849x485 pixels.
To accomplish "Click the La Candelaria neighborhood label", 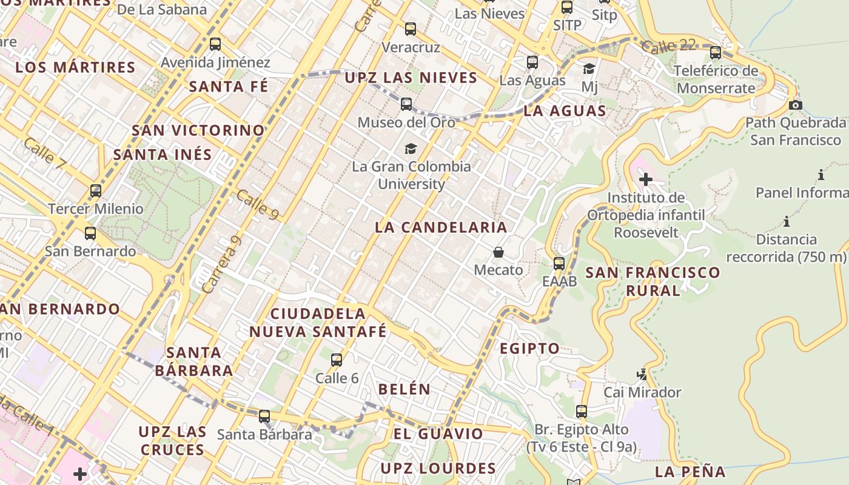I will pyautogui.click(x=440, y=227).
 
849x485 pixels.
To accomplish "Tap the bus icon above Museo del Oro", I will pyautogui.click(x=406, y=104).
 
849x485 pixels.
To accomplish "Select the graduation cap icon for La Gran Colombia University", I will pyautogui.click(x=411, y=149).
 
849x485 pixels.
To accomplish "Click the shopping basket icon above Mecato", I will pyautogui.click(x=498, y=252).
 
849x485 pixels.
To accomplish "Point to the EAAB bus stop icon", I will pyautogui.click(x=559, y=264).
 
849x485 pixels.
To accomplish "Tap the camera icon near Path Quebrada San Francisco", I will pyautogui.click(x=796, y=105).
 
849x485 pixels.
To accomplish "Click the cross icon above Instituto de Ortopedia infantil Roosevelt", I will pyautogui.click(x=645, y=179).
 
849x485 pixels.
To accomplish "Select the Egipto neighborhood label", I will pyautogui.click(x=529, y=349).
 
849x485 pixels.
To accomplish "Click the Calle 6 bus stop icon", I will pyautogui.click(x=337, y=360).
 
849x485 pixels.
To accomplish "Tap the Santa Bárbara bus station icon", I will pyautogui.click(x=264, y=416).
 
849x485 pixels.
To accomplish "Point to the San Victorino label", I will pyautogui.click(x=198, y=130).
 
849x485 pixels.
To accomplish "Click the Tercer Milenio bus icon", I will pyautogui.click(x=96, y=191).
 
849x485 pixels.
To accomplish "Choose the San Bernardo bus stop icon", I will pyautogui.click(x=90, y=233).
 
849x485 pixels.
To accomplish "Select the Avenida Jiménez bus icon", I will pyautogui.click(x=215, y=44).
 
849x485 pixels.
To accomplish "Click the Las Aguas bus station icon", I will pyautogui.click(x=532, y=62).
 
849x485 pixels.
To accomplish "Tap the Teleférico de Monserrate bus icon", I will pyautogui.click(x=716, y=53).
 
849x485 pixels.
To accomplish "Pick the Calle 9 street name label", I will pyautogui.click(x=257, y=205).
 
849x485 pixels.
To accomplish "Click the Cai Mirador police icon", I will pyautogui.click(x=642, y=375).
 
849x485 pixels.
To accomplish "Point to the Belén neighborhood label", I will pyautogui.click(x=404, y=389).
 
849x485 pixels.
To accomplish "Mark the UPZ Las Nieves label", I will pyautogui.click(x=411, y=78).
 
